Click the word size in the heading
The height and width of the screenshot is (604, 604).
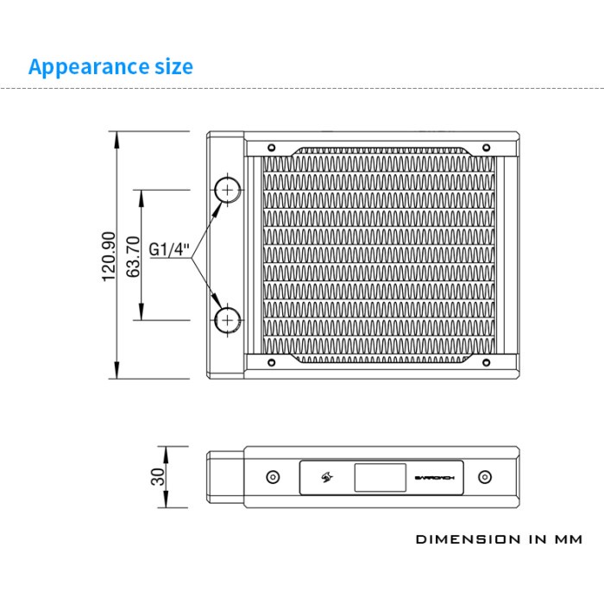click(x=170, y=66)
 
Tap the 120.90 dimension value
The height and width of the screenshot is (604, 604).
click(x=109, y=256)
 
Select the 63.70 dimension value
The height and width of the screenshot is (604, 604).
click(x=133, y=256)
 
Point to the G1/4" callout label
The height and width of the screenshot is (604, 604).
click(x=168, y=250)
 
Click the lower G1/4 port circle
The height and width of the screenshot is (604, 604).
click(x=227, y=320)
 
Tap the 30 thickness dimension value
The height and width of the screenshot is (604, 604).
click(x=157, y=477)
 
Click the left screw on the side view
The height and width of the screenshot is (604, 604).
click(x=273, y=477)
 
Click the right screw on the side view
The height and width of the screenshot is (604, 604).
click(x=484, y=477)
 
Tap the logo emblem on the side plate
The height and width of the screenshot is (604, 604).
click(x=328, y=477)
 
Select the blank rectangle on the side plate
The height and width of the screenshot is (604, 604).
click(x=379, y=477)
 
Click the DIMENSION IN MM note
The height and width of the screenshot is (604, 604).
click(x=499, y=540)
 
